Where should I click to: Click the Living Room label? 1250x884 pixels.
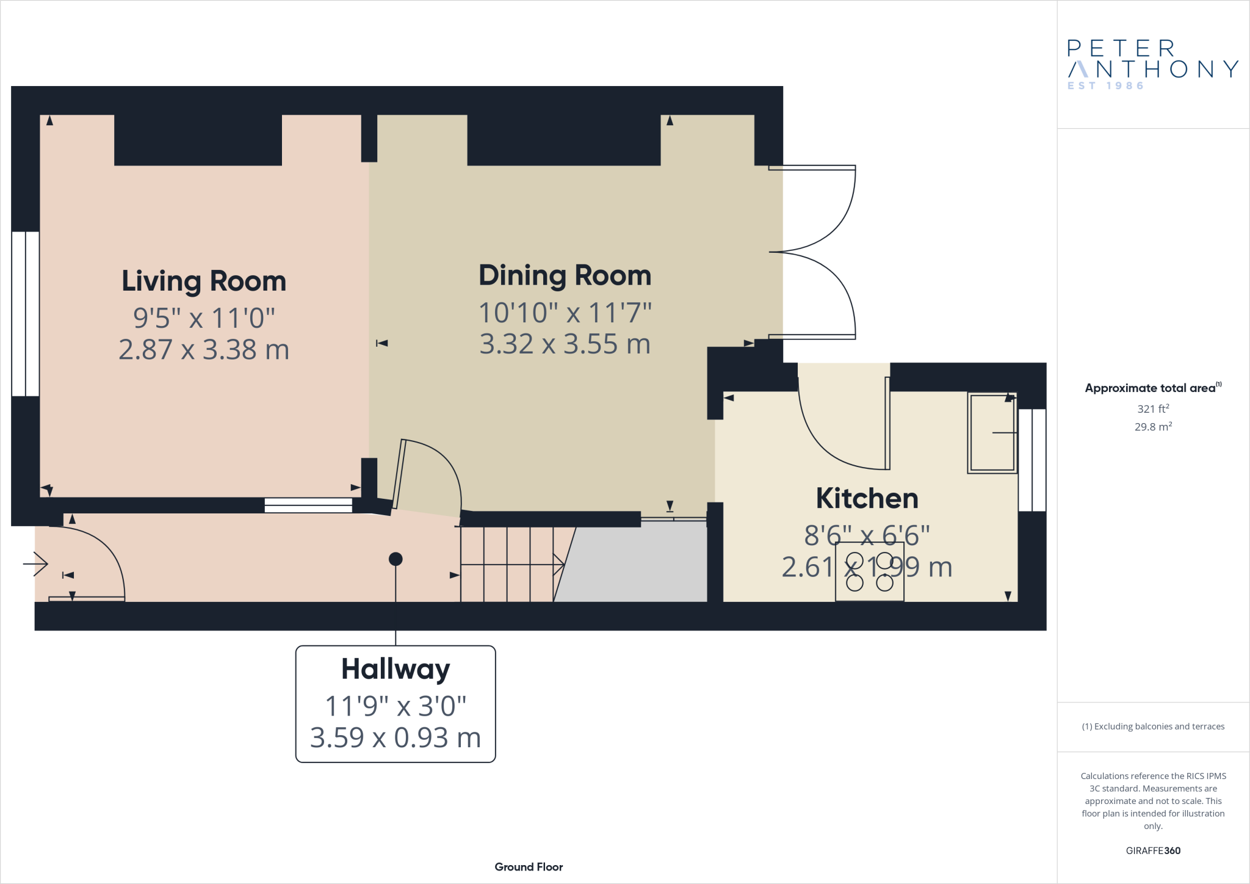pos(204,281)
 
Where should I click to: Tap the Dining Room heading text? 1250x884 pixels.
pos(565,276)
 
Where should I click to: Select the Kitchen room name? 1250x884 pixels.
pos(867,499)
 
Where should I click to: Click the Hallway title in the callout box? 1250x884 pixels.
pos(396,670)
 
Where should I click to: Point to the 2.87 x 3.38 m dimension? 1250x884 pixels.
pos(204,350)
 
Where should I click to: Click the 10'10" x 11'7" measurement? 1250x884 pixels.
pos(565,313)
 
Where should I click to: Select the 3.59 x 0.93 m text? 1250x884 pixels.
pos(396,737)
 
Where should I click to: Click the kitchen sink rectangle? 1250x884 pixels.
pos(992,433)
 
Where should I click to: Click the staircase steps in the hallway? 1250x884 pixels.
pos(507,564)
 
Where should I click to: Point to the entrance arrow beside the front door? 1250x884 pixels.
pos(36,563)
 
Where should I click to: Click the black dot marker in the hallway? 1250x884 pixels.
pos(396,559)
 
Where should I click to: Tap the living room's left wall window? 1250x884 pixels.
pos(26,314)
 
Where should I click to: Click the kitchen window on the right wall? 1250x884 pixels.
pos(1032,460)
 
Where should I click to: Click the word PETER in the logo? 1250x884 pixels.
pos(1121,48)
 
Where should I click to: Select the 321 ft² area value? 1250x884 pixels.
pos(1152,408)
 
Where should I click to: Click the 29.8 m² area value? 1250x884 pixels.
pos(1152,427)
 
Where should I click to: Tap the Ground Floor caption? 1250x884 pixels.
pos(529,867)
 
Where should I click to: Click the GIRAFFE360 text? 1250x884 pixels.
pos(1152,850)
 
